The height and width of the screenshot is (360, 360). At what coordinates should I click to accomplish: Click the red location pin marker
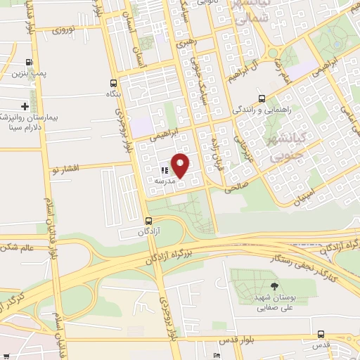(181, 166)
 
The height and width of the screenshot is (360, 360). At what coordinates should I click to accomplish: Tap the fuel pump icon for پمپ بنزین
(29, 63)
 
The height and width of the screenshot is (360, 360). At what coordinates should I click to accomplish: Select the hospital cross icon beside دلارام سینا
(25, 106)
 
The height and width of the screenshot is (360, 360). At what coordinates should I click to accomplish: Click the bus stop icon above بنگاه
(113, 82)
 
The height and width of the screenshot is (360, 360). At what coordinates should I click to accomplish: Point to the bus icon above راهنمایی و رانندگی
(262, 99)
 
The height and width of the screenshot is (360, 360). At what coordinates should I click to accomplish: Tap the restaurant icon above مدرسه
(162, 169)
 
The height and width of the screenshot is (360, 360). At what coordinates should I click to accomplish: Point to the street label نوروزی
(69, 31)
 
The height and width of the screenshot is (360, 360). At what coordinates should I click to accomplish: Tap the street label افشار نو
(67, 169)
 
